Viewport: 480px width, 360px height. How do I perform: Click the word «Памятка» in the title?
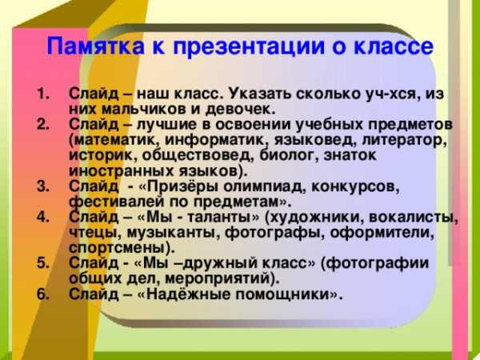tap(95, 46)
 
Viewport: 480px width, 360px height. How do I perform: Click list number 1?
tap(43, 94)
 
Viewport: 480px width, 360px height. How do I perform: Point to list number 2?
tap(43, 125)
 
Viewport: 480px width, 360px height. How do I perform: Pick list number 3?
tap(43, 186)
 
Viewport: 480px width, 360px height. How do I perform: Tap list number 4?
tap(43, 217)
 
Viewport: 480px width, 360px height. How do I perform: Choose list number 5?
tap(43, 263)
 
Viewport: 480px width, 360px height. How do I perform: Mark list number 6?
tap(43, 294)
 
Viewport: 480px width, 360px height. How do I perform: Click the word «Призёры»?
tap(182, 186)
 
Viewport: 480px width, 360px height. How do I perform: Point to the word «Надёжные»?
tap(187, 294)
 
